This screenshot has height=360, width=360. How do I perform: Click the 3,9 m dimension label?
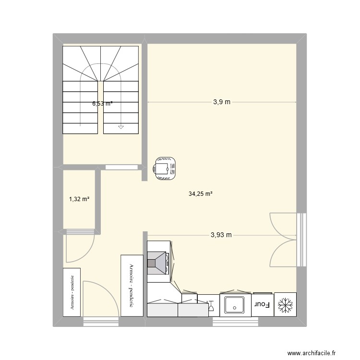pyautogui.click(x=222, y=102)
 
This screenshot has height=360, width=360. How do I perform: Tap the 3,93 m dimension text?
pyautogui.click(x=221, y=235)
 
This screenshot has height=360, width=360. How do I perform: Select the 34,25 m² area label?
pyautogui.click(x=201, y=194)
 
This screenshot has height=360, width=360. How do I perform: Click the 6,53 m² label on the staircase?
pyautogui.click(x=102, y=103)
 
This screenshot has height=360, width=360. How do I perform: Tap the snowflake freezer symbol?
pyautogui.click(x=286, y=304)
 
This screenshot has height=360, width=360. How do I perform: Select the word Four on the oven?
pyautogui.click(x=261, y=304)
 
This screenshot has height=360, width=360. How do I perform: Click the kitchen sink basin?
pyautogui.click(x=235, y=304)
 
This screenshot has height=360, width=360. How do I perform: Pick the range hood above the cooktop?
pyautogui.click(x=158, y=262)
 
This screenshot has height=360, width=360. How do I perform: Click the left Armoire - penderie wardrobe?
pyautogui.click(x=72, y=292)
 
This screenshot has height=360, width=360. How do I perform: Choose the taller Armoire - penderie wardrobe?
pyautogui.click(x=132, y=285)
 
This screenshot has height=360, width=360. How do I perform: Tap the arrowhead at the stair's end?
pyautogui.click(x=120, y=127)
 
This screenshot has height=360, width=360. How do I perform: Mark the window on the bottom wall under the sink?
pyautogui.click(x=235, y=321)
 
